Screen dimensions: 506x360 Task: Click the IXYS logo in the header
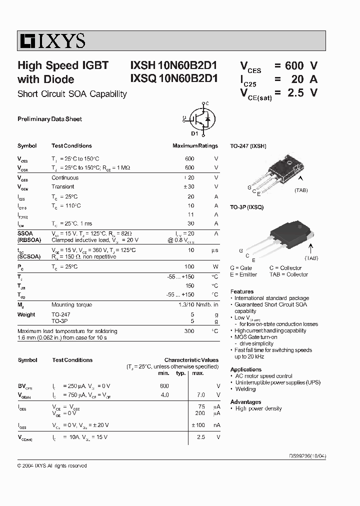point(52,40)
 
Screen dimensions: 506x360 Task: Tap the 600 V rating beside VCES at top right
point(301,65)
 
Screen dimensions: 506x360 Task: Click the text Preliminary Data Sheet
point(49,119)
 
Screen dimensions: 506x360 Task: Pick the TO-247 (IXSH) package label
point(248,146)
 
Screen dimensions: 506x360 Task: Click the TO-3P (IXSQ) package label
point(246,207)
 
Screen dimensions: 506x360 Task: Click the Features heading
point(242,291)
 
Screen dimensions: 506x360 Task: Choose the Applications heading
point(246,369)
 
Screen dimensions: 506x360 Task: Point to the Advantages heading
point(245,402)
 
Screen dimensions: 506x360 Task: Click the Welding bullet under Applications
point(245,389)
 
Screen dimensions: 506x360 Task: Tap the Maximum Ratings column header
point(195,146)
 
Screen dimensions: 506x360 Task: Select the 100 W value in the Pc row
point(189,267)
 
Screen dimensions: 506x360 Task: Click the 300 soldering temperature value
point(189,331)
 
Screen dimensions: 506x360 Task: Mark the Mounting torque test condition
point(71,304)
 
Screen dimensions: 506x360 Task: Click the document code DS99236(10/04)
point(308,456)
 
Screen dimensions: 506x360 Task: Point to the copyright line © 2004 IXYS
point(52,465)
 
